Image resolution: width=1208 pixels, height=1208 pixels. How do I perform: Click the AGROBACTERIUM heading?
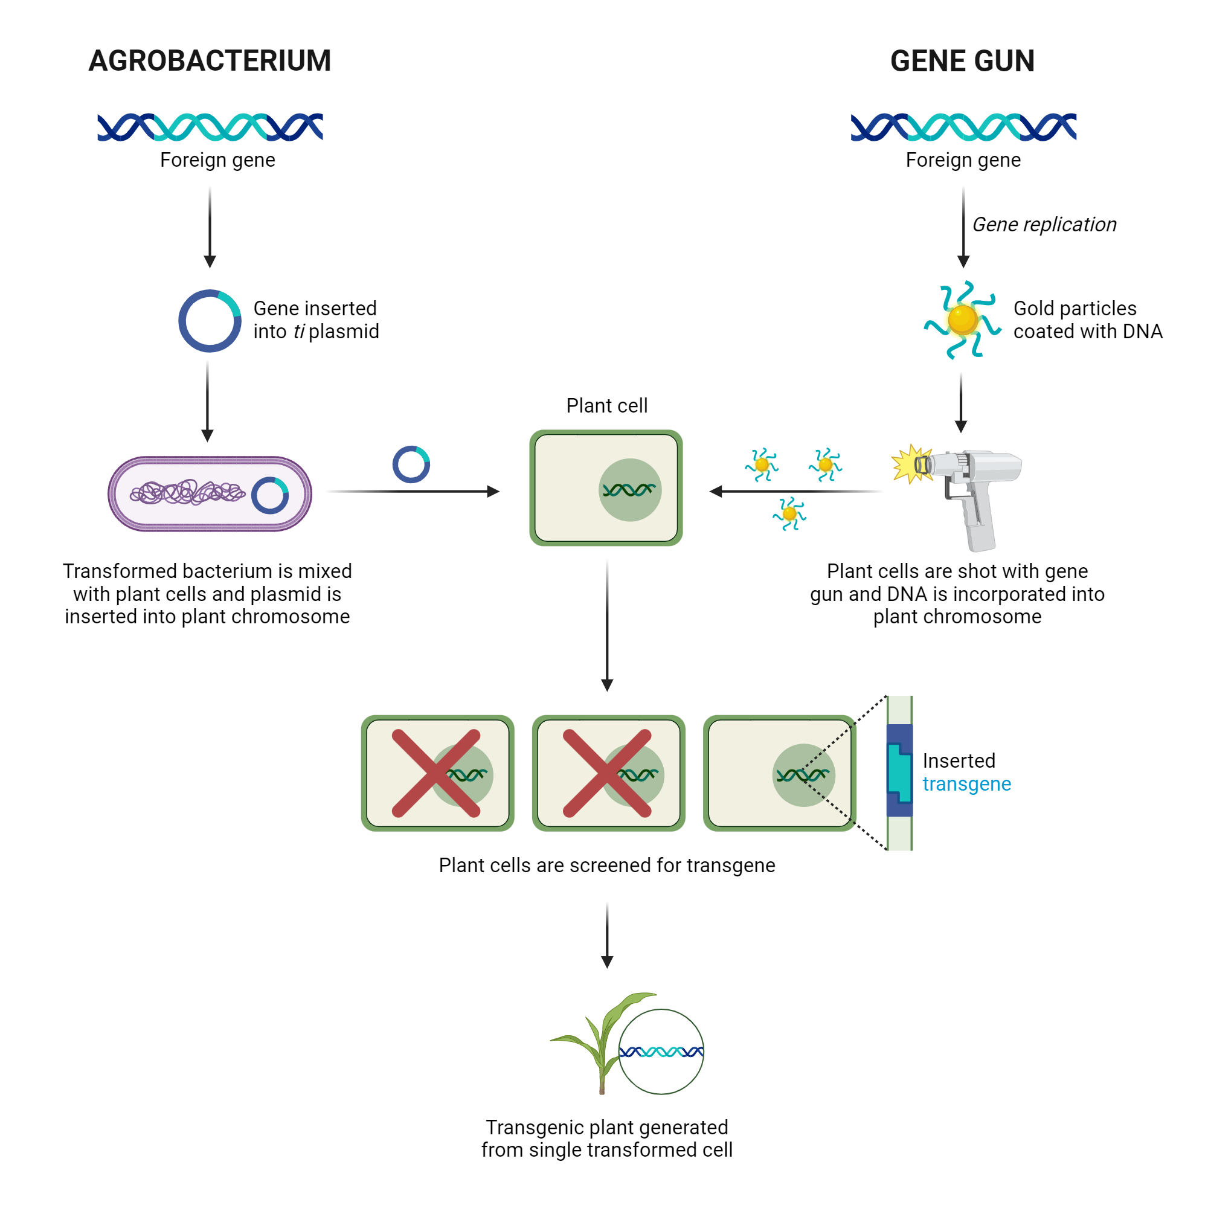(x=210, y=60)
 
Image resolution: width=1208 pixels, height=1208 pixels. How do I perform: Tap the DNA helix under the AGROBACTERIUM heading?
(x=210, y=127)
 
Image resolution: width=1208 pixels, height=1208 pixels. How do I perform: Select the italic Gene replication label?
(x=1044, y=225)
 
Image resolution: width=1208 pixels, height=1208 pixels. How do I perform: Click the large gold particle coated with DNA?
(x=962, y=320)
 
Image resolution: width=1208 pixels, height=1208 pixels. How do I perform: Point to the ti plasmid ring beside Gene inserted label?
(x=210, y=321)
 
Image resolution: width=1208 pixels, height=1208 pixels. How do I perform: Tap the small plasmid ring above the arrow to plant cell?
(x=411, y=464)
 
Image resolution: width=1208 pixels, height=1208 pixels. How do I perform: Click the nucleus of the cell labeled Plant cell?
(x=629, y=490)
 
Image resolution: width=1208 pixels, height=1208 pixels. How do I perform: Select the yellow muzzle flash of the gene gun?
(x=910, y=464)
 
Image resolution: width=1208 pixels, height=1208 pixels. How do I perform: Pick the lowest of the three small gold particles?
(x=789, y=514)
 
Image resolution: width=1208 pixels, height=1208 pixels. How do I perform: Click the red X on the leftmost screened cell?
(x=436, y=773)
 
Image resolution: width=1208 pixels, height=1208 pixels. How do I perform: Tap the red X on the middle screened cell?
(x=607, y=773)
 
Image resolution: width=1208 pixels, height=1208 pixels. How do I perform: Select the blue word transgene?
(x=966, y=783)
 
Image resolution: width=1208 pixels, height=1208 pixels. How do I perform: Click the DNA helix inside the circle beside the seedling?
(x=661, y=1052)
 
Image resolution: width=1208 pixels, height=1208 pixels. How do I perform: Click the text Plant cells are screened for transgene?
(x=606, y=865)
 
